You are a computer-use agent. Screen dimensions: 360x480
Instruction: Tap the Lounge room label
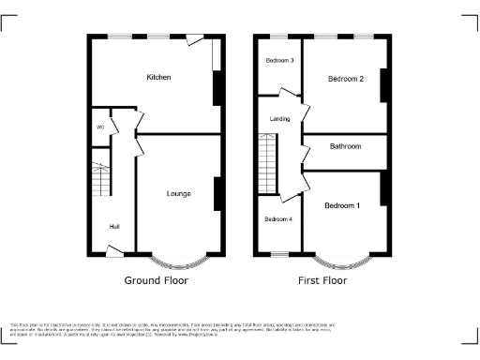[178, 194]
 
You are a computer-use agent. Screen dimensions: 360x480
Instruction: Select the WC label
[98, 127]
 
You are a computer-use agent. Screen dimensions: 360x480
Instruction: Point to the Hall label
[113, 227]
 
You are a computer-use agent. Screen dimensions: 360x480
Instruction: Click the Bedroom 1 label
[341, 205]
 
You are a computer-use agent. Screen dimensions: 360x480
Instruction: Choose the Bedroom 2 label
[345, 80]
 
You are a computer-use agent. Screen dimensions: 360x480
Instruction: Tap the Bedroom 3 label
[278, 61]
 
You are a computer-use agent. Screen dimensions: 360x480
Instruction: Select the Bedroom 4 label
[278, 219]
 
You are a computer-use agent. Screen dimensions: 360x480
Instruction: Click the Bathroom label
[344, 146]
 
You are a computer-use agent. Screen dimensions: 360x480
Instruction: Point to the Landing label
[279, 119]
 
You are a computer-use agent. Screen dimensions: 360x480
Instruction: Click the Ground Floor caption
[157, 280]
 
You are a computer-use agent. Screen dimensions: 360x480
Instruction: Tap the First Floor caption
[322, 280]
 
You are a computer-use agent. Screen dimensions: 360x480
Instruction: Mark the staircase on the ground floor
[101, 178]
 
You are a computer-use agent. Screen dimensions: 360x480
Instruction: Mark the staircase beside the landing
[268, 162]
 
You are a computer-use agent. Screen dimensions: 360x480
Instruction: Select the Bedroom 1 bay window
[341, 259]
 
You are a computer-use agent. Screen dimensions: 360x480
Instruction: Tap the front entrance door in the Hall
[114, 250]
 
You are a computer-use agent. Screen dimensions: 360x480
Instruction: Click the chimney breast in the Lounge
[217, 194]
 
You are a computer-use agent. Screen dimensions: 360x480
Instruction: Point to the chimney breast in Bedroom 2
[382, 84]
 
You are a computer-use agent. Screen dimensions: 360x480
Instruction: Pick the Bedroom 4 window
[278, 253]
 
